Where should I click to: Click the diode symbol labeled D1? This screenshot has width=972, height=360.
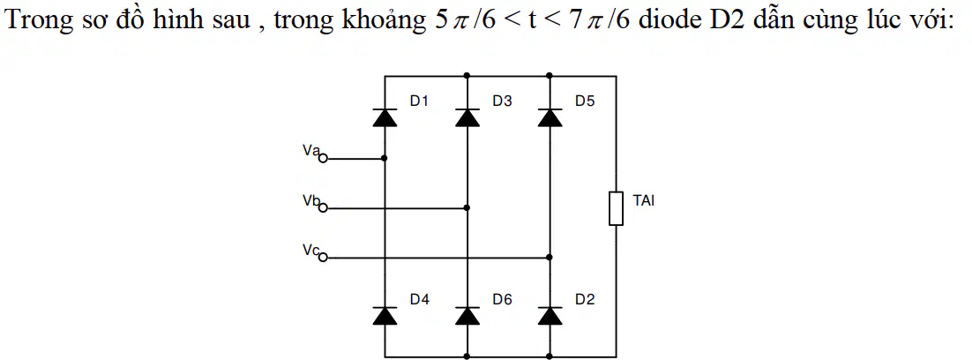[385, 116]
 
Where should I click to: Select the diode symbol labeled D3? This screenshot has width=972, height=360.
[467, 116]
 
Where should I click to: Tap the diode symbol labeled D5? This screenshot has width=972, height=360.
[550, 116]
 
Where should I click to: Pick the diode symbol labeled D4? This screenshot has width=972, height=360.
[385, 315]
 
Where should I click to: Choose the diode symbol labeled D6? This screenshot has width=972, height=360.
[467, 315]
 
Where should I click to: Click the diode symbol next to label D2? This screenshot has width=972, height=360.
[550, 315]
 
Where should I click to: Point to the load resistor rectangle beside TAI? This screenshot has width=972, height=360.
[616, 208]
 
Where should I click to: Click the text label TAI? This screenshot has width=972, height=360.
[644, 200]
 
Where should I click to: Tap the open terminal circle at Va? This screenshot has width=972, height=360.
[322, 159]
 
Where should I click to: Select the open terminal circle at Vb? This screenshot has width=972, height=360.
[322, 208]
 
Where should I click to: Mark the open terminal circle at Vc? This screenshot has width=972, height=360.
[322, 257]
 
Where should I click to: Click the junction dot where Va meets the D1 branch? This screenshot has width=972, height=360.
[385, 159]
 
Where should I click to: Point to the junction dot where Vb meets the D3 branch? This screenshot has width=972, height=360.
[467, 208]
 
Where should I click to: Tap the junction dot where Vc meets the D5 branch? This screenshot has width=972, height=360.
[550, 257]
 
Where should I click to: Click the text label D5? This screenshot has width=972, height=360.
[585, 101]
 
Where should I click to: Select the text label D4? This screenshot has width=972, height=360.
[420, 299]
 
